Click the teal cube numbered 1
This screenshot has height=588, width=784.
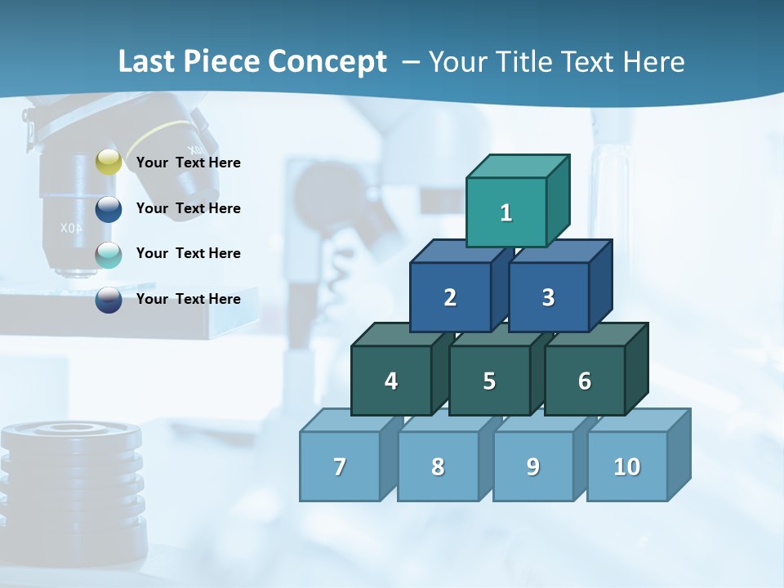tap(506, 212)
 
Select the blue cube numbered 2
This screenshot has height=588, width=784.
tap(450, 297)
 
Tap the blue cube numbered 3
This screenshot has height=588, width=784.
tap(548, 297)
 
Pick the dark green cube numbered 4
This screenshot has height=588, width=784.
tap(391, 381)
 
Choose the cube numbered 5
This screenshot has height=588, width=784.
tap(489, 381)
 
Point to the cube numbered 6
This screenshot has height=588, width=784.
tap(584, 381)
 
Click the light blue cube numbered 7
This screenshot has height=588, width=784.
tap(340, 466)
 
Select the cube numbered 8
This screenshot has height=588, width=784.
tap(438, 466)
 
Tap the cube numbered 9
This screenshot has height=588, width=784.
tap(532, 466)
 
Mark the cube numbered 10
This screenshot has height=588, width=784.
tap(626, 466)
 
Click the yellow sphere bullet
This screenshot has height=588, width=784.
tap(109, 163)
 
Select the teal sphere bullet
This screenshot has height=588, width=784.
tap(109, 255)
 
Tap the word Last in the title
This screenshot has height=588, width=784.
tap(147, 61)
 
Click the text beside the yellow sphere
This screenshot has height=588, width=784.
tap(189, 163)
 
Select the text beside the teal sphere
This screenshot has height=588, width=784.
tap(189, 253)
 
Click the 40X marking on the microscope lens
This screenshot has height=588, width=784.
tap(70, 228)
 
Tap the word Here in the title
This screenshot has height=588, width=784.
tap(653, 61)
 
